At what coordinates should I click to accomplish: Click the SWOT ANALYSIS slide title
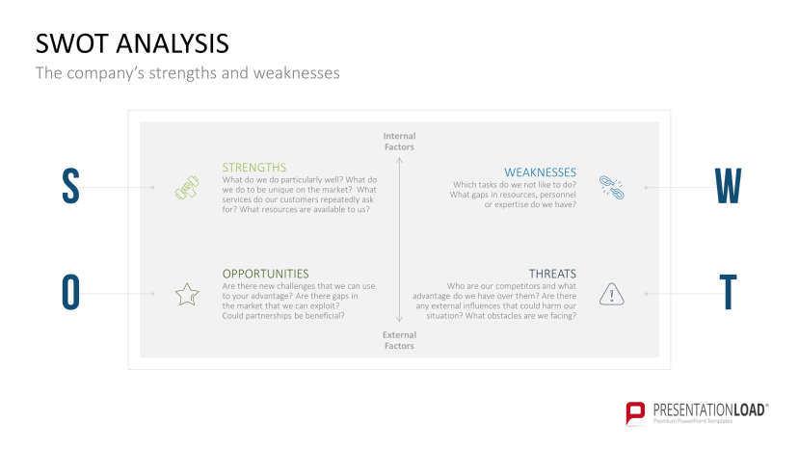click(x=132, y=43)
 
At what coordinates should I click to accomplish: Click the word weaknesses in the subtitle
click(x=297, y=73)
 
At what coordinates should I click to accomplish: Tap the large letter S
click(x=70, y=186)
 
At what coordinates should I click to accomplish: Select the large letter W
click(x=728, y=186)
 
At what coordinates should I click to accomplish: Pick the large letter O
click(x=70, y=292)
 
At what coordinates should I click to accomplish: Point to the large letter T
click(x=729, y=292)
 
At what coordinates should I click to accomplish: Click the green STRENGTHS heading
click(x=254, y=167)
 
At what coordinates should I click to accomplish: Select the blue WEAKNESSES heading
click(x=540, y=172)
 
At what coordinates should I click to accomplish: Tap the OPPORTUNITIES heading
click(x=265, y=274)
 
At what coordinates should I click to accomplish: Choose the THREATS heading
click(x=552, y=274)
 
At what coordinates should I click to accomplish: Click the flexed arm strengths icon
click(x=187, y=188)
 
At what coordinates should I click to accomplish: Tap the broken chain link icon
click(x=611, y=188)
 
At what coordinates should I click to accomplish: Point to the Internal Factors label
click(x=399, y=142)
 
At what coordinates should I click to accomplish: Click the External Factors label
click(x=399, y=340)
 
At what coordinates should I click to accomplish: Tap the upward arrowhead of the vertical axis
click(x=399, y=160)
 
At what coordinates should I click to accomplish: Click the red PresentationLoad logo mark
click(x=635, y=412)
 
